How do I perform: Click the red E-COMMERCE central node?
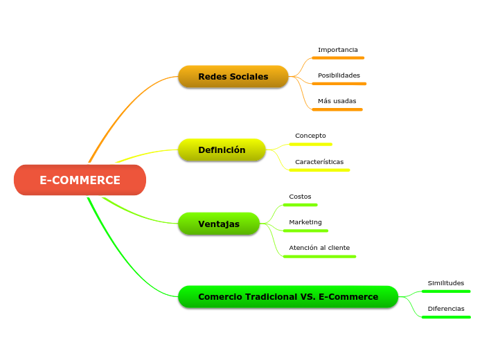pos(80,180)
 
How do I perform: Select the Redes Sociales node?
pos(233,76)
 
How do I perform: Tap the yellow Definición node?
pos(222,150)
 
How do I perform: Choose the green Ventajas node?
pos(219,224)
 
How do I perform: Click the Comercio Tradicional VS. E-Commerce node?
pos(288,297)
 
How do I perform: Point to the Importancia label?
pos(338,50)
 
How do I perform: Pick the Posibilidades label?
pos(339,75)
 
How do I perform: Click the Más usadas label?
pos(337,101)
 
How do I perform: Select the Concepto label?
pos(310,136)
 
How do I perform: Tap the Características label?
pos(319,162)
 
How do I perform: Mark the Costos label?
pos(300,197)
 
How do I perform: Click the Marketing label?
pos(305,222)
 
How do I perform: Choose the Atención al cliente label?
pos(319,248)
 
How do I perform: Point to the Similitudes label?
pos(446,283)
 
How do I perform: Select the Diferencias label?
pos(446,309)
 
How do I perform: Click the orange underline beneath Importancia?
pos(338,58)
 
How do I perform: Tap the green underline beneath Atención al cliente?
pos(319,256)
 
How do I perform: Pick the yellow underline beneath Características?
pos(319,170)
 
